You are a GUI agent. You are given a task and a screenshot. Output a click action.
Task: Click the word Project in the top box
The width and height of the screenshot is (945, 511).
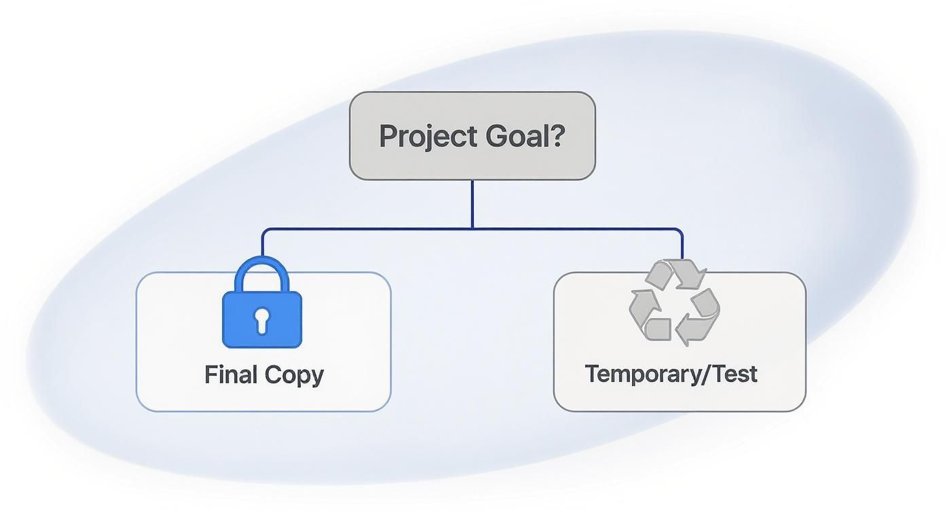click(428, 137)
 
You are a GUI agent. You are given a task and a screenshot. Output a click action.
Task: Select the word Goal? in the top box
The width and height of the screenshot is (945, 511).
click(525, 137)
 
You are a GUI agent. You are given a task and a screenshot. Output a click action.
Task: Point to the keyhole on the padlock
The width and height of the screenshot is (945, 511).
click(262, 319)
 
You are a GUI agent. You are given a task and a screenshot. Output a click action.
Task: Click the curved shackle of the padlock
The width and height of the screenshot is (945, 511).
click(262, 268)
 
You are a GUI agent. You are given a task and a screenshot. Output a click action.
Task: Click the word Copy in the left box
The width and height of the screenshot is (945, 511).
click(294, 375)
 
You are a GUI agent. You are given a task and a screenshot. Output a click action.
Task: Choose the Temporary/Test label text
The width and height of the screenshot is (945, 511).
click(671, 374)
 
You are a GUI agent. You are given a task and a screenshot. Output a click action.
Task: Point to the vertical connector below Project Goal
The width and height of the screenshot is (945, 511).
click(472, 204)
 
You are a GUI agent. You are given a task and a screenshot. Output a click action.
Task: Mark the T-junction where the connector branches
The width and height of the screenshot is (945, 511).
click(472, 229)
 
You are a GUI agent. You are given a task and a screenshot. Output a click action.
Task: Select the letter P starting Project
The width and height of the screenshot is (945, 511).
click(388, 137)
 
